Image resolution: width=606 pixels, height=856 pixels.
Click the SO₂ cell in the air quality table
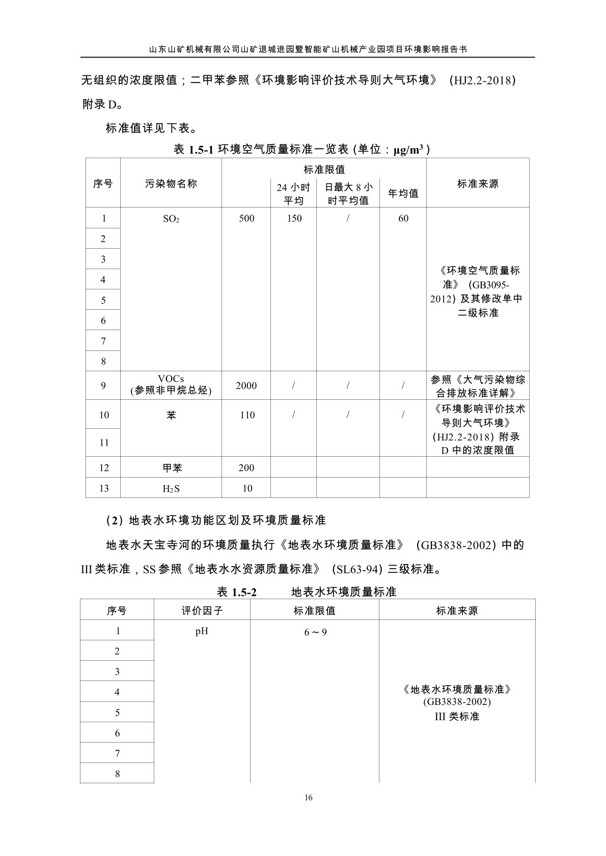171,219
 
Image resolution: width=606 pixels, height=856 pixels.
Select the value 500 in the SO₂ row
246,218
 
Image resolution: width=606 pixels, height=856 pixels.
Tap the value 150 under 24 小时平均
294,218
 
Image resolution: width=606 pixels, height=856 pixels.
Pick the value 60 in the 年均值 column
403,218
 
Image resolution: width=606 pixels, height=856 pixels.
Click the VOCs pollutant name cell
171,385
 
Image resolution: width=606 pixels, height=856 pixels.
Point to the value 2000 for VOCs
246,386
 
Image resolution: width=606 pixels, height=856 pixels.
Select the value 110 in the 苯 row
247,415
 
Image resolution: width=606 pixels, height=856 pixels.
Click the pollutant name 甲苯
171,467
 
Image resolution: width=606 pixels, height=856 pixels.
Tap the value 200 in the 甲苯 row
246,467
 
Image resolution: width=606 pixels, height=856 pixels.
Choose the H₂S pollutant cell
171,488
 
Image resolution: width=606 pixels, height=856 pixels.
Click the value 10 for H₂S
247,488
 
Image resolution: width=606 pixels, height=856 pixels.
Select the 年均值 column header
403,193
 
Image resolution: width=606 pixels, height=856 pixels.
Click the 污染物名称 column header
171,184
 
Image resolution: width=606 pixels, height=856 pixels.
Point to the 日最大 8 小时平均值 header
348,193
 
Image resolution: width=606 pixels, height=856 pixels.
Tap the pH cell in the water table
202,631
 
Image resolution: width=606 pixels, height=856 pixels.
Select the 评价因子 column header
202,610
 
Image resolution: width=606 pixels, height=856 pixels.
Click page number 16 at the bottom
308,797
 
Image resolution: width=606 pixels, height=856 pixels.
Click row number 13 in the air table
103,488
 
